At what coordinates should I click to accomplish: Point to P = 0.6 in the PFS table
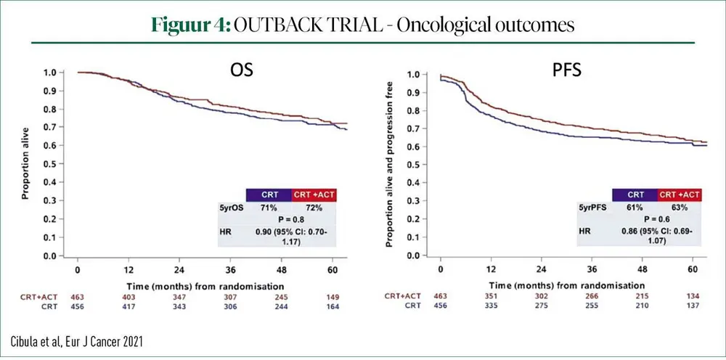tap(656, 218)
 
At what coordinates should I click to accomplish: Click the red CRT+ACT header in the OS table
tap(314, 195)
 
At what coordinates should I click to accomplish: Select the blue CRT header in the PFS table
tap(634, 195)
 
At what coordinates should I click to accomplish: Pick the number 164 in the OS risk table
tap(332, 307)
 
